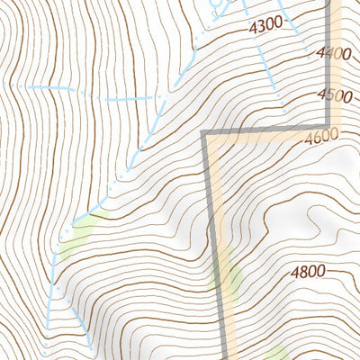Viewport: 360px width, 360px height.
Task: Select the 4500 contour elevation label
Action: coord(333,95)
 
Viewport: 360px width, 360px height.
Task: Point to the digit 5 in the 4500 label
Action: coord(328,95)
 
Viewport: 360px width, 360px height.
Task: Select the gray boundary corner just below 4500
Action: coord(327,125)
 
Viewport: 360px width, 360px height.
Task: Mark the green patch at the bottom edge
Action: coord(275,353)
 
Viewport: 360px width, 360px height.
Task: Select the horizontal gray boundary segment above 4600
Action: coord(265,130)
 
